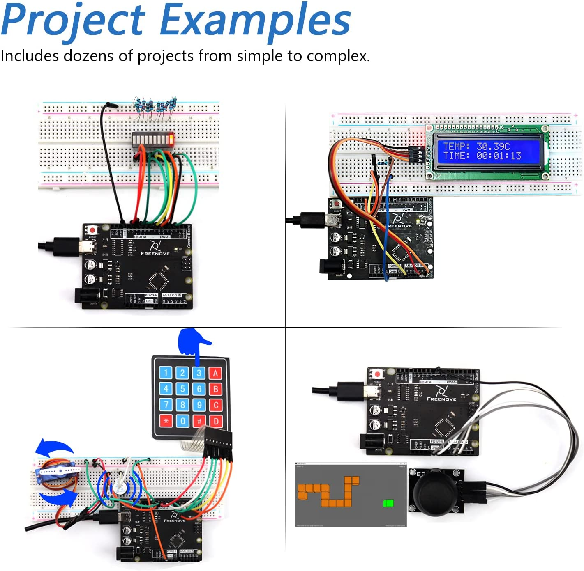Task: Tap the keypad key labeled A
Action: (215, 373)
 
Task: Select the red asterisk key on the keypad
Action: (166, 421)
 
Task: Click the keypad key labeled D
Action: (216, 421)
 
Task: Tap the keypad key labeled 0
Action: (183, 421)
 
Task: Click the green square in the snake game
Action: (388, 503)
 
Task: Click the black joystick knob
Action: (435, 492)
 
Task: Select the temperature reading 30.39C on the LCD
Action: (493, 146)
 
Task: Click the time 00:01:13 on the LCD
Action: (499, 156)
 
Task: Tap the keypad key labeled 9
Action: (199, 405)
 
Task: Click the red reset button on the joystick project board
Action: (377, 374)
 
